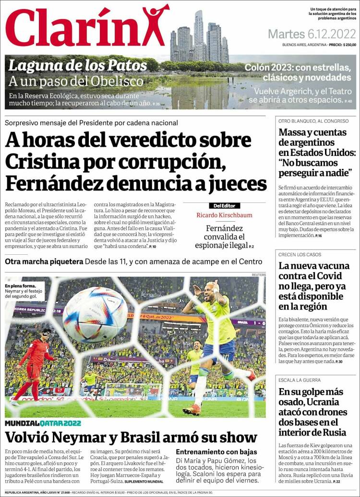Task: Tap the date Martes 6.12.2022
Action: (x=312, y=35)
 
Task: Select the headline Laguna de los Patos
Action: (x=78, y=65)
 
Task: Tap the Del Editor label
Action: (x=224, y=205)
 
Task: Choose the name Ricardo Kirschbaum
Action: (x=224, y=215)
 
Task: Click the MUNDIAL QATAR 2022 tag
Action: (x=43, y=424)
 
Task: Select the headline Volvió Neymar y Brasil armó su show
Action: (x=131, y=438)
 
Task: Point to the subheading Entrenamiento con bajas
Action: (x=216, y=452)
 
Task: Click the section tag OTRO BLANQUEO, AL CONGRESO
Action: (x=313, y=121)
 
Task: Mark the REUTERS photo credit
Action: (x=258, y=274)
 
